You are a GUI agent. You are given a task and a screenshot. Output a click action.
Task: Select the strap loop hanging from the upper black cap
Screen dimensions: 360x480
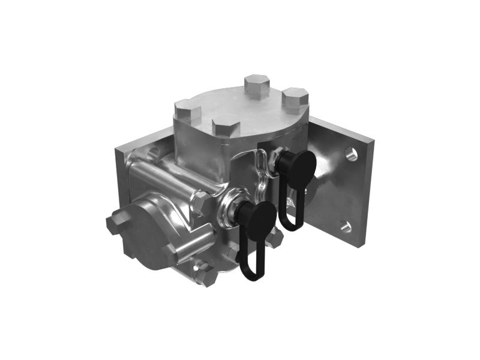[x=292, y=210]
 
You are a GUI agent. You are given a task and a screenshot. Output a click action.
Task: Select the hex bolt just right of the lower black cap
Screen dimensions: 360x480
[x=274, y=238]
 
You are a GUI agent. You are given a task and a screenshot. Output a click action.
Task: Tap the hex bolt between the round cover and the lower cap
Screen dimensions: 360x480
[x=201, y=203]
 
